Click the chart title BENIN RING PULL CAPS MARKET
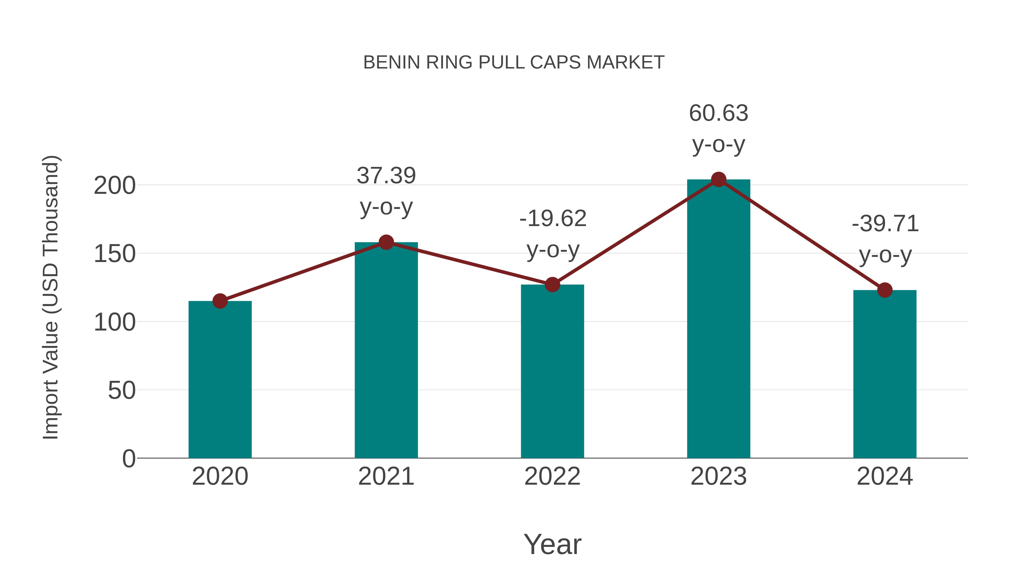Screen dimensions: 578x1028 tap(514, 63)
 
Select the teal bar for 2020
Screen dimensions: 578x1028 tap(220, 379)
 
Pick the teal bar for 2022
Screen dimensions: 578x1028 tap(552, 371)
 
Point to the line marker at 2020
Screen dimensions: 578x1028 tap(220, 301)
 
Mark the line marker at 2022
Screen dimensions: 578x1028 tap(552, 285)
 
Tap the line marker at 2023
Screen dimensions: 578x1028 tap(718, 180)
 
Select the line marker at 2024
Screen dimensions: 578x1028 tap(885, 290)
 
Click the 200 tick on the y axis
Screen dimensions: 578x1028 tap(115, 186)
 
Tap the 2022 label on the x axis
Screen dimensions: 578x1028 tap(552, 476)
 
